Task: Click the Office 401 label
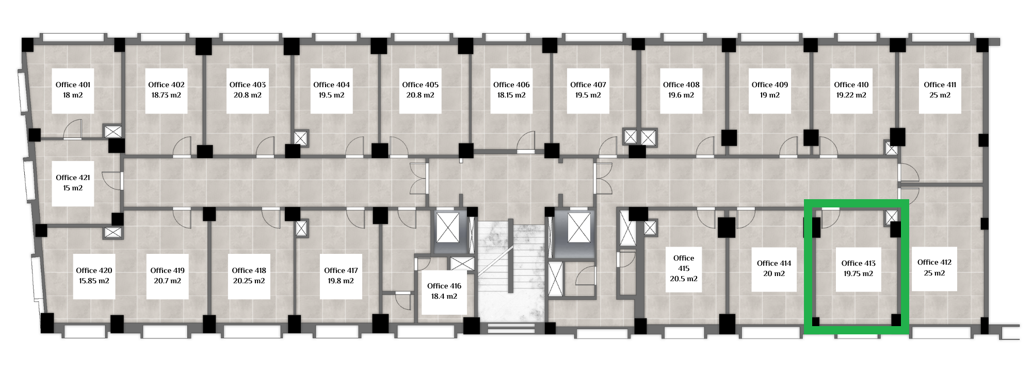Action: pos(73,85)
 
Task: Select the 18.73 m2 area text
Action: pos(166,95)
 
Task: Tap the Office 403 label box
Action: pos(248,90)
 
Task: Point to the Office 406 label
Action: pos(511,85)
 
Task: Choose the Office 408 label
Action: pos(681,85)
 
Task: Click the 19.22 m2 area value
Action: pos(851,95)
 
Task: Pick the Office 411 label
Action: pos(940,85)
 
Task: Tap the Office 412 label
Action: pos(934,262)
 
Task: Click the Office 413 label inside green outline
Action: pos(859,263)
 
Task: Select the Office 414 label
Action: pos(774,263)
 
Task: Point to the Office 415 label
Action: pos(684,263)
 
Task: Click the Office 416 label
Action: pos(444,286)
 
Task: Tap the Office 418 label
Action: pos(249,270)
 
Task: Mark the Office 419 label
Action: pos(168,270)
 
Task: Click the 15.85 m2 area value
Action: pos(94,281)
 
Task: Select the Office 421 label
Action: pos(73,178)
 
